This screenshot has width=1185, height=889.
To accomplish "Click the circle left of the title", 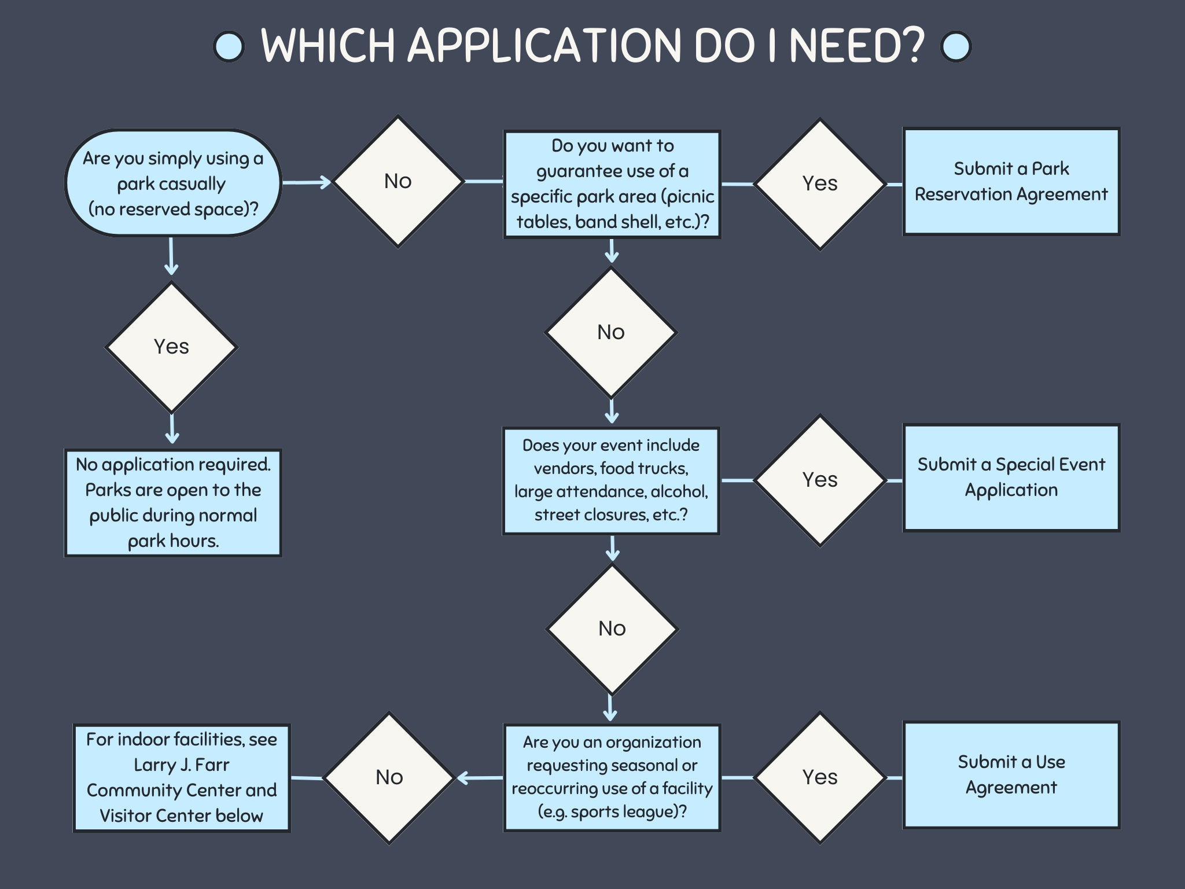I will pos(229,46).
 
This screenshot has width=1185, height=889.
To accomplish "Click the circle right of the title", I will pos(955,46).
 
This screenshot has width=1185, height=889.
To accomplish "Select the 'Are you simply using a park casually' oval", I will pos(172,183).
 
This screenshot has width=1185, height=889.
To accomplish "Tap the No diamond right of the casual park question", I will pos(398,182).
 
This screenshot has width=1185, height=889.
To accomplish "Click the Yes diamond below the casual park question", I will pos(171,347).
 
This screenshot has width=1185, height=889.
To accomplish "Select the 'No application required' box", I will pos(172,502).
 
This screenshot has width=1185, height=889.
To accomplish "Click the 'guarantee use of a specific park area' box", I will pos(612,184).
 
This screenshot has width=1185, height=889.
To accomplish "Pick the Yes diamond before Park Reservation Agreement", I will pos(820,184).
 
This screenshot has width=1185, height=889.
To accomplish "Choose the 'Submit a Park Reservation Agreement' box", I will pos(1011,182).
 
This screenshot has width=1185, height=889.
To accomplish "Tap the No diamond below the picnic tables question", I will pos(611,332).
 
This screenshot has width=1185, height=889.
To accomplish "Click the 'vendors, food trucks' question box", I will pos(611,480).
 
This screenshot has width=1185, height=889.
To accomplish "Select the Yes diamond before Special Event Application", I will pos(820,480).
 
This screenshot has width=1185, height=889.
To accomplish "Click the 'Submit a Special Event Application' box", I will pos(1011,477).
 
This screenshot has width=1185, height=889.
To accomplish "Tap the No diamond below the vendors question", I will pos(612,629).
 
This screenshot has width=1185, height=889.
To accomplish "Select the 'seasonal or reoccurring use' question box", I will pos(612,777).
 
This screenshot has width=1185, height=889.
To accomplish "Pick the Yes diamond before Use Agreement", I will pos(820,777).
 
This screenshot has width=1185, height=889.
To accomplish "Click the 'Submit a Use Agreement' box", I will pos(1011,775).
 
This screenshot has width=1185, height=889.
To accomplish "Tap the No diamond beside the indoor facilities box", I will pos(389,777).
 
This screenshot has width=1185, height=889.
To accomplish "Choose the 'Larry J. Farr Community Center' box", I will pos(181,777).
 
